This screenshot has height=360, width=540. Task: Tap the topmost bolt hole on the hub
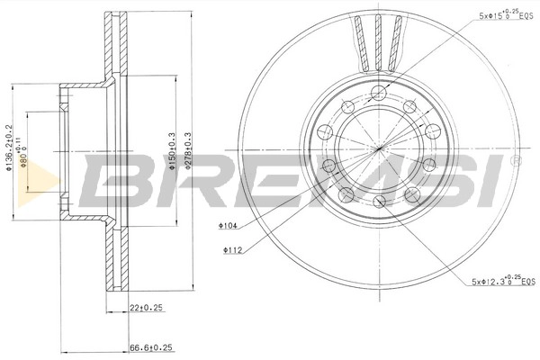pos(380,94)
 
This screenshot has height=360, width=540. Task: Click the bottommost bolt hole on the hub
pos(380,200)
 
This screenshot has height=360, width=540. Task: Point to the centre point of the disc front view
pos(380,147)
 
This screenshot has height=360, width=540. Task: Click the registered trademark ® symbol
pos(515,161)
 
